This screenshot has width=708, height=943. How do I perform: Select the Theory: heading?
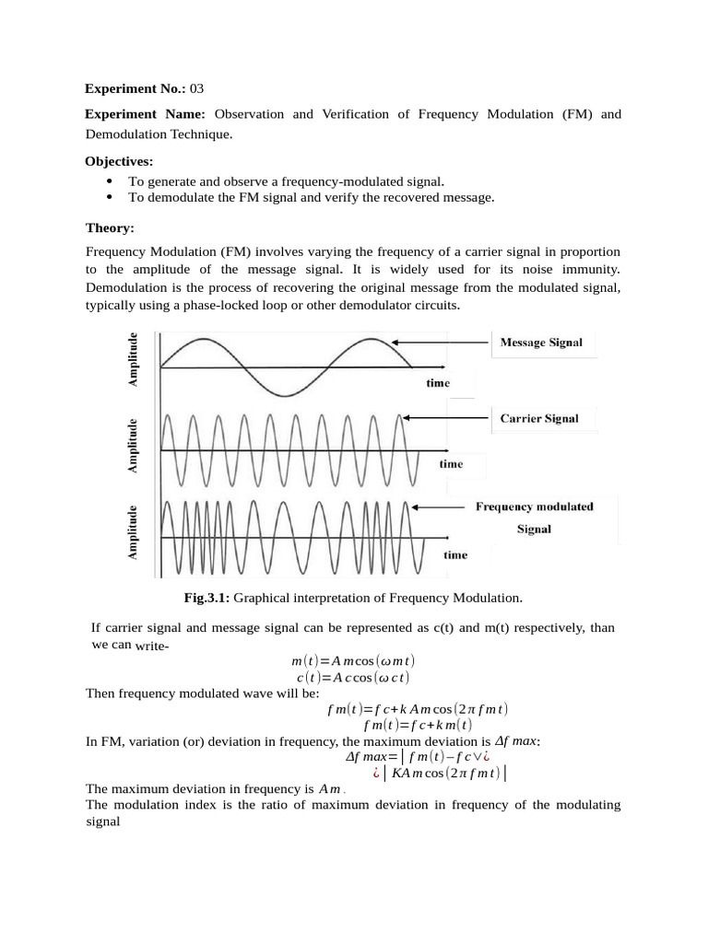tap(110, 227)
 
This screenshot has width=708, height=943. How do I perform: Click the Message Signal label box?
tap(541, 343)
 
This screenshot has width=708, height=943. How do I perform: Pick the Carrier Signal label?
tap(539, 418)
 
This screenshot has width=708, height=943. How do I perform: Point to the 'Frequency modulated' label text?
tap(534, 506)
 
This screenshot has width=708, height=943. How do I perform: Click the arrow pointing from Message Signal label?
tap(443, 342)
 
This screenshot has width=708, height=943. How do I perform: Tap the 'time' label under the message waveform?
tap(438, 383)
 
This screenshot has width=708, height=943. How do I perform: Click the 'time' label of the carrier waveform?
tap(451, 464)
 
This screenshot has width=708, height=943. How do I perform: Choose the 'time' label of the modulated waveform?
tap(455, 554)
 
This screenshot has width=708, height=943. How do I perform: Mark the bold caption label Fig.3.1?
tap(207, 598)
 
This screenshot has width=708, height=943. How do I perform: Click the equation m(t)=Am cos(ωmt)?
tap(353, 662)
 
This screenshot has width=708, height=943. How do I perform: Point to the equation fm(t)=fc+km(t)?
tap(418, 725)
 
